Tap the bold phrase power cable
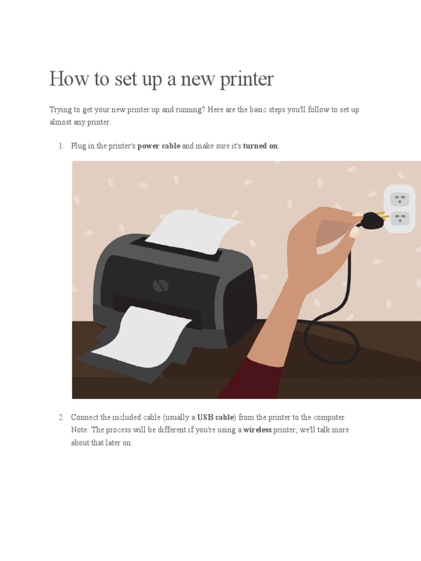coord(158,146)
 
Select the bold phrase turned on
coord(260,146)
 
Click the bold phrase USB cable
coord(215,417)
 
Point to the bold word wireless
coord(257,430)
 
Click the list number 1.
coord(61,146)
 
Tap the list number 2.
coord(61,417)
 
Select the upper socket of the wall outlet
coord(400,198)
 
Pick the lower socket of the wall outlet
coord(400,219)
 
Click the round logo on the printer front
coord(160,285)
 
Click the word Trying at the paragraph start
coord(60,110)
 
